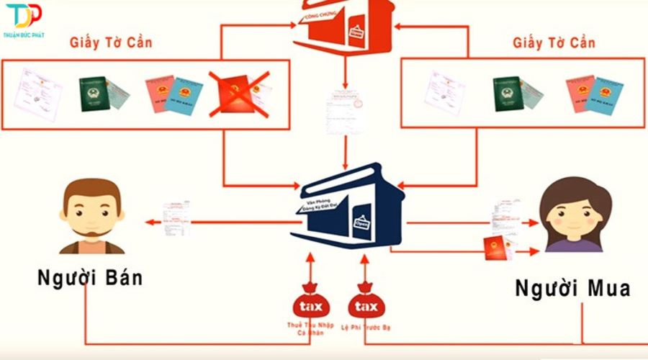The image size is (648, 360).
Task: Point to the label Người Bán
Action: [89, 278]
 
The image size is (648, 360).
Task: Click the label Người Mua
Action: [573, 288]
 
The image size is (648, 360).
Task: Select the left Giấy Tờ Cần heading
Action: [111, 42]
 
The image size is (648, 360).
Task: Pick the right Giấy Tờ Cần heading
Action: [554, 42]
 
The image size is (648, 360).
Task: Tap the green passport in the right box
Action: [507, 93]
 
